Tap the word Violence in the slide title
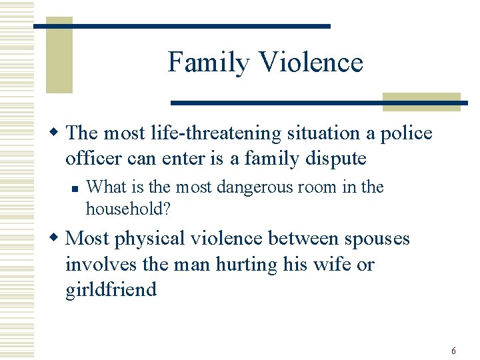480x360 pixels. pos(311,62)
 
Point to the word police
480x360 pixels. pos(406,133)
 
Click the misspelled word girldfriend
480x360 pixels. pos(111,290)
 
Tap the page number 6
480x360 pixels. pos(453,351)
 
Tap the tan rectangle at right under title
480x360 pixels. pos(421,101)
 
